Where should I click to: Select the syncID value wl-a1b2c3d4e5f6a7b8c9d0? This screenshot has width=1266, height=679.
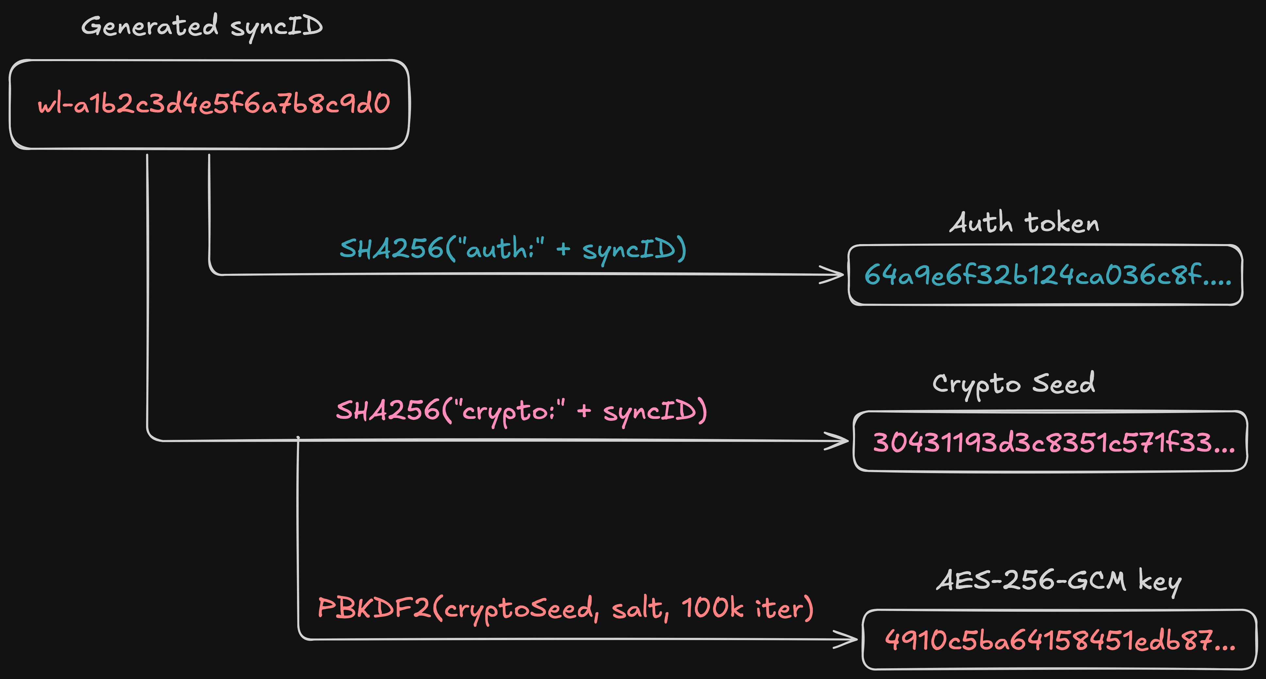214,104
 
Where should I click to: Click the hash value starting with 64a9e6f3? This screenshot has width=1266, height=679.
1047,275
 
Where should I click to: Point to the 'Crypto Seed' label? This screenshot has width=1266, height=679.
1013,384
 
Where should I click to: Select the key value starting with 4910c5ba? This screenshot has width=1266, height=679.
1059,640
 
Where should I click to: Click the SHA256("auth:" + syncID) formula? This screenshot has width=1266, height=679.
513,248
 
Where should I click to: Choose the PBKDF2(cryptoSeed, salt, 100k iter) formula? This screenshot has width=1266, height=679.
565,608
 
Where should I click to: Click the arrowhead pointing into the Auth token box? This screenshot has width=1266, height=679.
834,274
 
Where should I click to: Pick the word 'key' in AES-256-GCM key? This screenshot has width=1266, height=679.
1160,582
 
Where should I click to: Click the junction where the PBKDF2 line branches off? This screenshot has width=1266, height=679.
298,439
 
